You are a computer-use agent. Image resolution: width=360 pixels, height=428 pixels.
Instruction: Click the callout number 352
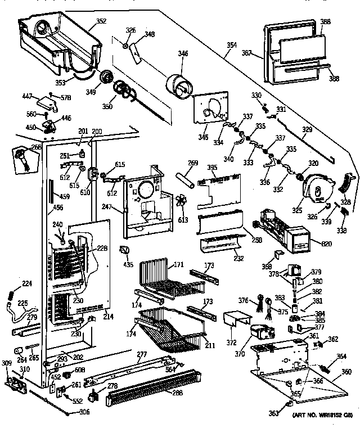101,22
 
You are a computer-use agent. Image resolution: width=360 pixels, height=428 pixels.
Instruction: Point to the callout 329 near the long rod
307,129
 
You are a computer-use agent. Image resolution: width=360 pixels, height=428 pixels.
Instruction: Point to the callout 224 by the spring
26,283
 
